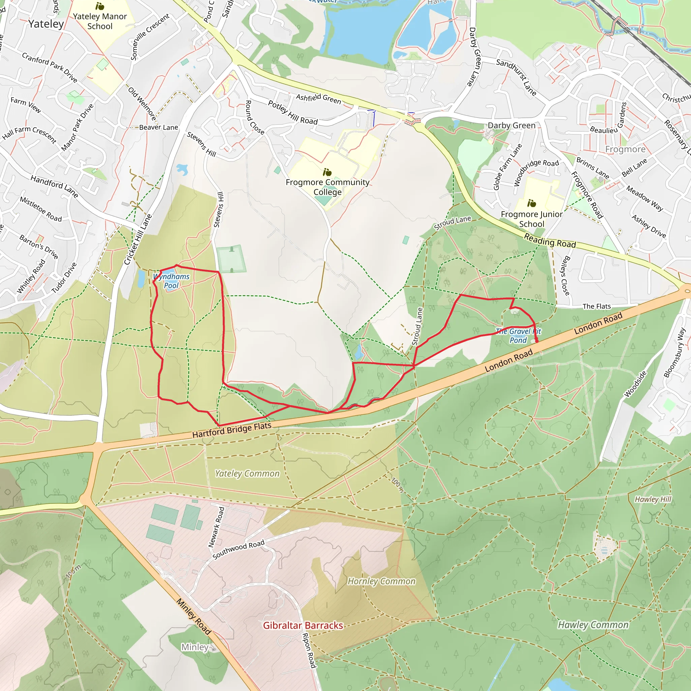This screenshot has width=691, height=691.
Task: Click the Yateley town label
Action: pyautogui.click(x=46, y=24)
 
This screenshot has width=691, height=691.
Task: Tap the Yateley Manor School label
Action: pyautogui.click(x=100, y=21)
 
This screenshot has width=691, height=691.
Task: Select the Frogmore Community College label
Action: pyautogui.click(x=327, y=187)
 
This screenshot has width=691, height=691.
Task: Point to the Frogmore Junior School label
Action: pyautogui.click(x=531, y=219)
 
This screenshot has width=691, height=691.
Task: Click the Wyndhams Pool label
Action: pyautogui.click(x=171, y=281)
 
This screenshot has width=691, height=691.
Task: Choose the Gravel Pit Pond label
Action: pyautogui.click(x=518, y=336)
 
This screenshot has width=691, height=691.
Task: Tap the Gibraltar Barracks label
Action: pyautogui.click(x=303, y=625)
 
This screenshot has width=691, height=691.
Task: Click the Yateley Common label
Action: pyautogui.click(x=247, y=473)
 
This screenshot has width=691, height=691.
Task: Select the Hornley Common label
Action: pyautogui.click(x=382, y=581)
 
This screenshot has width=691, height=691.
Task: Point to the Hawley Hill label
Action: pyautogui.click(x=653, y=499)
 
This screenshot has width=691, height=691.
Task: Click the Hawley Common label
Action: pyautogui.click(x=593, y=625)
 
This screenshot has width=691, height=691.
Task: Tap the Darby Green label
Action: pyautogui.click(x=512, y=126)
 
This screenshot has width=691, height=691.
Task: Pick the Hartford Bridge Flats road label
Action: pyautogui.click(x=232, y=430)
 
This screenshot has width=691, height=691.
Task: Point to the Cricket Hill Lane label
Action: pyautogui.click(x=138, y=239)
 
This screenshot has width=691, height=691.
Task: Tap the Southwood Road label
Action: pyautogui.click(x=238, y=549)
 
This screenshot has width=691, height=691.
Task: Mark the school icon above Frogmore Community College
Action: pyautogui.click(x=327, y=172)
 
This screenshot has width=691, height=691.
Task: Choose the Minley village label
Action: pyautogui.click(x=195, y=647)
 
